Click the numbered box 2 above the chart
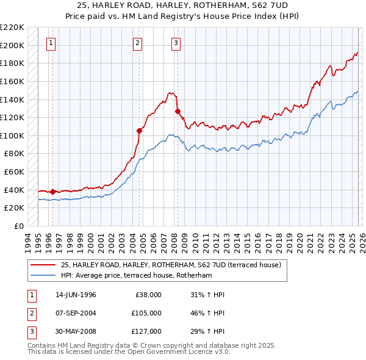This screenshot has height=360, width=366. coord(138,43)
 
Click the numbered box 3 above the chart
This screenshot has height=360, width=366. coord(176,43)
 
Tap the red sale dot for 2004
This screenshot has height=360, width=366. coord(139,130)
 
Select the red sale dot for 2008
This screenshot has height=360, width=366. coord(178,111)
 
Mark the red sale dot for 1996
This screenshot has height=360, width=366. coord(52,192)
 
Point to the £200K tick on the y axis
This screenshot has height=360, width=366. coord(13,45)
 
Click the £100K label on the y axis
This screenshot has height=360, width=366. coord(13,135)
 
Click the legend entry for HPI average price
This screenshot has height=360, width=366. coord(136,275)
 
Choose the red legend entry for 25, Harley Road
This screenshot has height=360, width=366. coord(171,265)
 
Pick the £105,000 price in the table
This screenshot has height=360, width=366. coord(146,313)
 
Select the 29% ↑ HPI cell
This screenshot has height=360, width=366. coord(207,331)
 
